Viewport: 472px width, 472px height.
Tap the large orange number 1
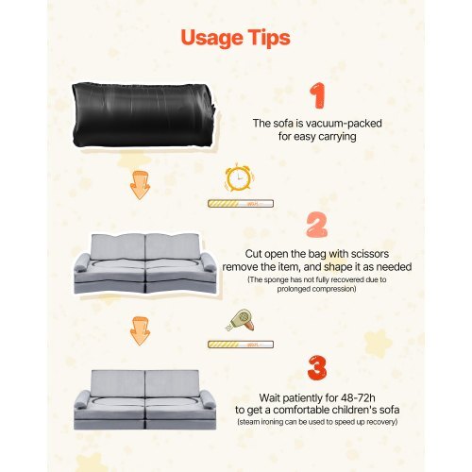(319, 96)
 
